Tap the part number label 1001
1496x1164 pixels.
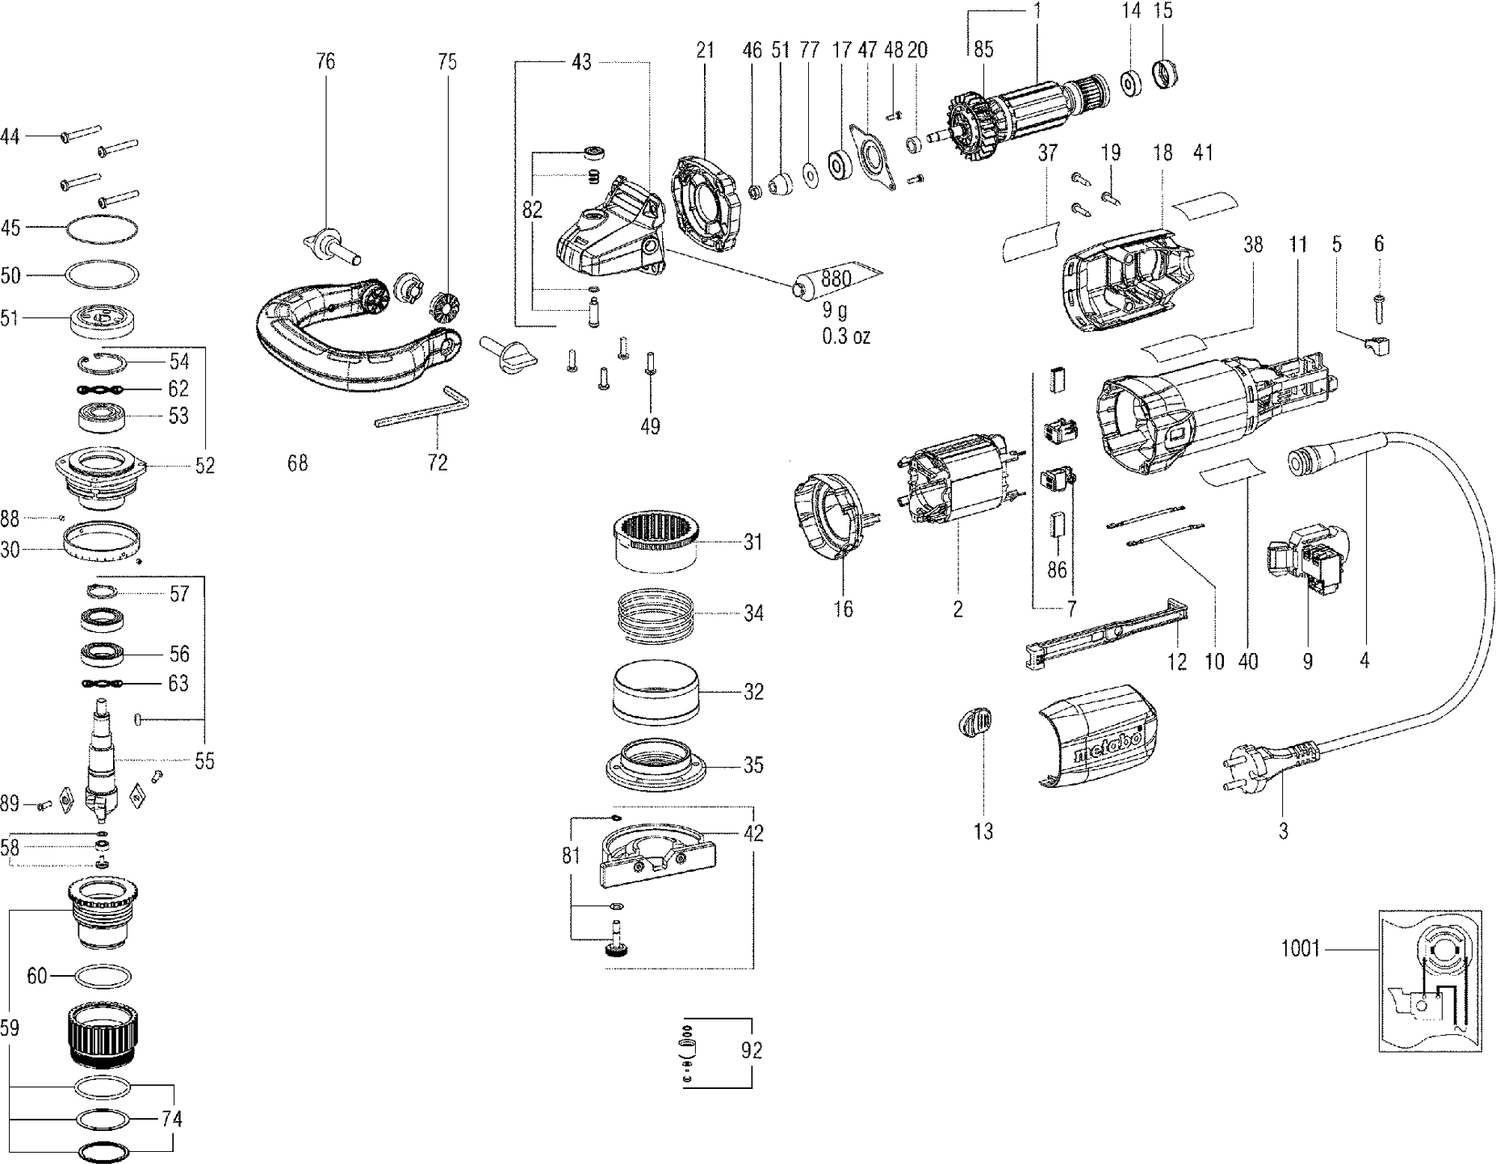1300,948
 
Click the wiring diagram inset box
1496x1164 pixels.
1429,980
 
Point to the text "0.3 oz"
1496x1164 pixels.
845,337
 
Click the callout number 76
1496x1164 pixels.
325,61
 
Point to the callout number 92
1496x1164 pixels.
751,1050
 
